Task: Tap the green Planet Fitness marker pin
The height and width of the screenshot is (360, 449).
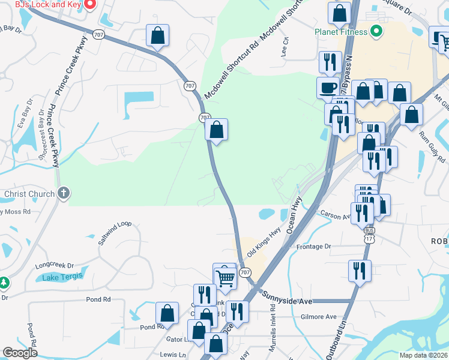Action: [x=377, y=31]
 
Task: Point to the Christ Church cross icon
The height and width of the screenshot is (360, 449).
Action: [x=65, y=193]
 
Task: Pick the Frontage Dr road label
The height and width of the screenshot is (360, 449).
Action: [x=314, y=247]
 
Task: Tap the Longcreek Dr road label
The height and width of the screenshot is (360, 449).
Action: [x=54, y=265]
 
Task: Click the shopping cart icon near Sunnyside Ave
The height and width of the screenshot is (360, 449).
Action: [x=225, y=278]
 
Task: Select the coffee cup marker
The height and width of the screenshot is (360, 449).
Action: [x=328, y=88]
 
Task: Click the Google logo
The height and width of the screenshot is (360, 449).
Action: [x=20, y=353]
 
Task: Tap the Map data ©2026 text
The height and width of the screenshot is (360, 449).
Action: [x=424, y=355]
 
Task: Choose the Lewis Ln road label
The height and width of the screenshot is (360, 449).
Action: [x=173, y=355]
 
